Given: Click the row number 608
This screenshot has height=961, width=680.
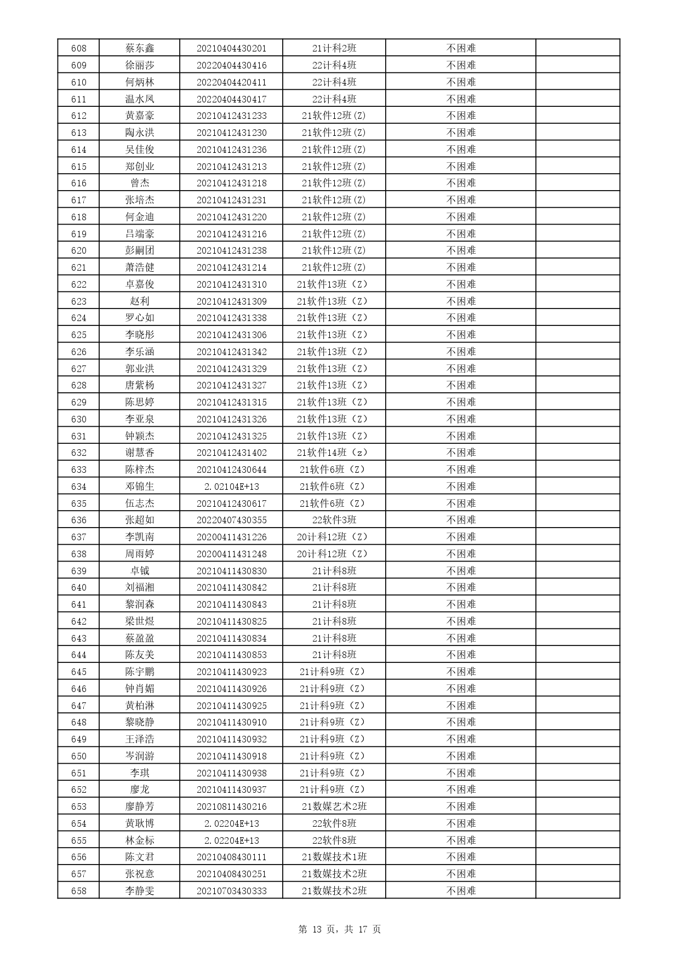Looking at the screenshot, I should tap(79, 48).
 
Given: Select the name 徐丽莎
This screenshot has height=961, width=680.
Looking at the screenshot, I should tap(140, 65).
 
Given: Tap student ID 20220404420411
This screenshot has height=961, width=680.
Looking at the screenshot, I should tap(231, 82).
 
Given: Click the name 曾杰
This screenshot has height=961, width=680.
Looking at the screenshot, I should tap(140, 183).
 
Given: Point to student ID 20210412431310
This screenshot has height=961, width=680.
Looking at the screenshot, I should tap(231, 284).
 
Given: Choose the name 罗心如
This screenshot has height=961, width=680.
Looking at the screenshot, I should tap(140, 318).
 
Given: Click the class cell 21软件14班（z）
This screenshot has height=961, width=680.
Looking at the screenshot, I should tap(334, 453).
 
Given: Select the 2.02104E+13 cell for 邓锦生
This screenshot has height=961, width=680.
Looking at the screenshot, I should tap(231, 487).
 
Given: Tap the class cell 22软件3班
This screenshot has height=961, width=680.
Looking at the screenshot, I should tap(334, 520).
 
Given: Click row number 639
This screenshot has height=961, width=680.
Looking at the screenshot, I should tap(79, 571).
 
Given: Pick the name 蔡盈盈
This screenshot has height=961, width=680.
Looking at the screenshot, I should tap(140, 638).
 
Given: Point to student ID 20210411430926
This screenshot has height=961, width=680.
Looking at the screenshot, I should tap(231, 689).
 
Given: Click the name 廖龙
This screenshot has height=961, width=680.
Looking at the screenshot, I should tap(140, 790).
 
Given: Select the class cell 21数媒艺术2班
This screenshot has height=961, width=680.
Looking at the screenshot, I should tap(334, 806).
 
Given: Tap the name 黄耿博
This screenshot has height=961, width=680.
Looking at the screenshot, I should tap(140, 823).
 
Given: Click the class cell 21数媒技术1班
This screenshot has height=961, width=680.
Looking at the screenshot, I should tap(334, 857).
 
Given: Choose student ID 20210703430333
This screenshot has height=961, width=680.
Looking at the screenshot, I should tap(231, 891).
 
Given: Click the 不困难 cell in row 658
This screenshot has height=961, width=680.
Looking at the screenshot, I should tap(461, 891).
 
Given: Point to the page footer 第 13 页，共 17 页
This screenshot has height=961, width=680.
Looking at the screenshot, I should tap(340, 929).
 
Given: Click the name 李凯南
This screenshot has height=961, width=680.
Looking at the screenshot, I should tap(140, 537).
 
